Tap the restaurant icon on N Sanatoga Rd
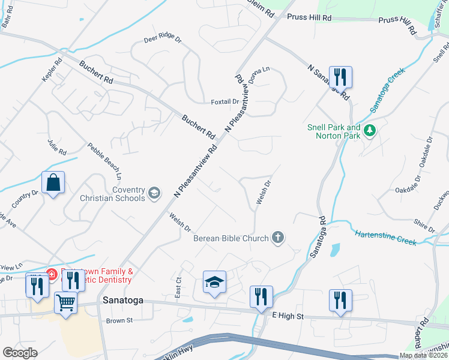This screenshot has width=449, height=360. (x=340, y=77)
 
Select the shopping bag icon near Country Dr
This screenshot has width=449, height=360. (x=53, y=182)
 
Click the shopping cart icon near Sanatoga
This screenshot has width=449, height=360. (x=65, y=301)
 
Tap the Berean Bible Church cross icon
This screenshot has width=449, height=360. (x=277, y=238)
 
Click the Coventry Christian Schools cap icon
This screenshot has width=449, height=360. (x=154, y=193)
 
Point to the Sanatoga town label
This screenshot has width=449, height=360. (x=122, y=300)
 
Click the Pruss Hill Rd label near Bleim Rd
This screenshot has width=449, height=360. (x=310, y=18)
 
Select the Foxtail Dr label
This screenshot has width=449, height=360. (x=225, y=102)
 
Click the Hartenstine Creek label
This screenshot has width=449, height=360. (x=384, y=237)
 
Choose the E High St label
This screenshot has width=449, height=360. (x=288, y=316)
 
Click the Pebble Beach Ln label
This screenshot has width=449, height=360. (x=104, y=161)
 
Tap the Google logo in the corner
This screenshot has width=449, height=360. (x=20, y=353)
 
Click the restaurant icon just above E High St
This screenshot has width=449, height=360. (x=262, y=297)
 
